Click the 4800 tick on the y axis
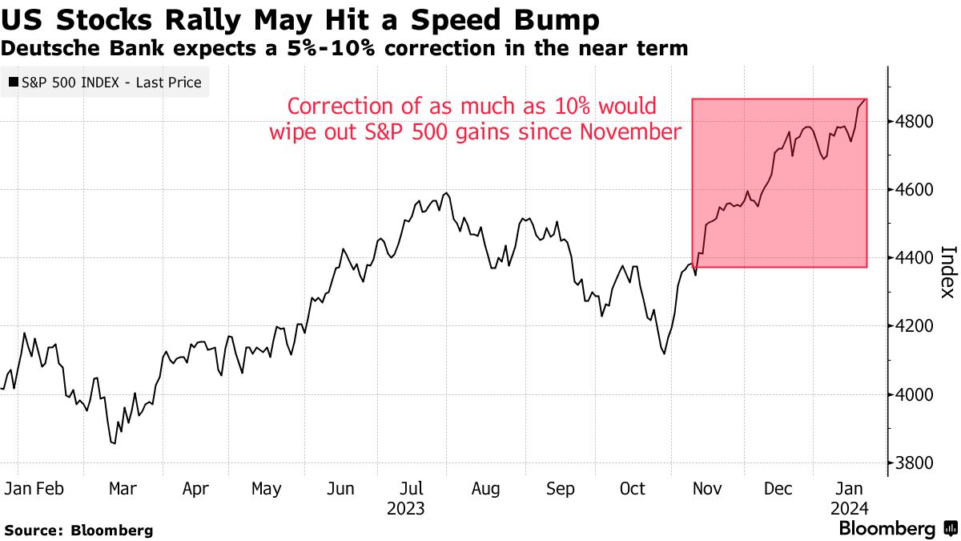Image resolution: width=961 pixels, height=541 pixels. click(x=915, y=122)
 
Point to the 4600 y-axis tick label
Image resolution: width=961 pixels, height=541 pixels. click(x=915, y=190)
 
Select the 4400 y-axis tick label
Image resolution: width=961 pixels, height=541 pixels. click(x=915, y=258)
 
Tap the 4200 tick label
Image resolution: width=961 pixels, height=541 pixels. click(x=915, y=326)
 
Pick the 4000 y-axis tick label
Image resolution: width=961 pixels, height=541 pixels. click(x=915, y=394)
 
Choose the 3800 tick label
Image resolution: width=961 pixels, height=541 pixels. click(x=915, y=462)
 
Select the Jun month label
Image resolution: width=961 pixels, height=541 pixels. click(x=341, y=489)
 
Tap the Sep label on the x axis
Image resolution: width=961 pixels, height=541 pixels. click(x=560, y=489)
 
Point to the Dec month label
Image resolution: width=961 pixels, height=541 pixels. click(x=778, y=489)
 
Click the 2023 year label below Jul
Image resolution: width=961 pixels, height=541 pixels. click(x=405, y=509)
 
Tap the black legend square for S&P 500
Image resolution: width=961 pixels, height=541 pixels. click(x=14, y=82)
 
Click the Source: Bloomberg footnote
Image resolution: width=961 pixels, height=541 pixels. click(x=78, y=530)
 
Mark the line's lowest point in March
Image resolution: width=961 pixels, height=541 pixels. click(x=114, y=442)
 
